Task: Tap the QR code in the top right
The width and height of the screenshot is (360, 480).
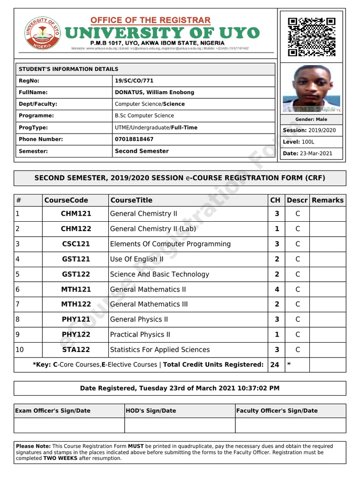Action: tap(312, 37)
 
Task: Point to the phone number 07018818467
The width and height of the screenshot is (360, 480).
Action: tap(134, 139)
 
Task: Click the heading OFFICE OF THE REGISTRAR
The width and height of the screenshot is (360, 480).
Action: tap(150, 21)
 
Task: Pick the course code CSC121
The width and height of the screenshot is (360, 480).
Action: tap(76, 244)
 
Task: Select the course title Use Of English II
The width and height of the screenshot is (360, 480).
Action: tap(136, 259)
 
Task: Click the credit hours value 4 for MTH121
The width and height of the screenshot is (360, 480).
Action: tap(277, 289)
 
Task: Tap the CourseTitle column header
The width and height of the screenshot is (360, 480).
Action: tap(131, 200)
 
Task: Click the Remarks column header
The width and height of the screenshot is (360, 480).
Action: tap(328, 200)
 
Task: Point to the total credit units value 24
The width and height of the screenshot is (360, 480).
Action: tap(275, 364)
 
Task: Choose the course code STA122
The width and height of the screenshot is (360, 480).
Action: tap(76, 350)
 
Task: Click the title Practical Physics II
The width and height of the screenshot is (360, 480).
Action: tap(140, 335)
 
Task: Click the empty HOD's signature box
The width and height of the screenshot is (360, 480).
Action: tap(180, 425)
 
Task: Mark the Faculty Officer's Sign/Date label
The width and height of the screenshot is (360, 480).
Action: tap(277, 411)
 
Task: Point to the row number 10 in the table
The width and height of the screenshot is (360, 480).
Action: tap(20, 350)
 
